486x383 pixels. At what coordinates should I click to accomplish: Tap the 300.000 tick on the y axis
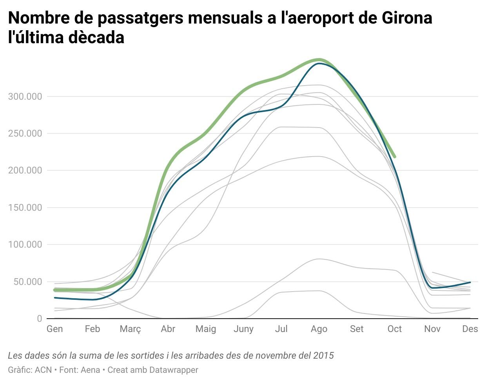(25, 97)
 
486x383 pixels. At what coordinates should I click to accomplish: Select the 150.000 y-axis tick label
(25, 208)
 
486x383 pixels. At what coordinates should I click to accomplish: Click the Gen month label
(54, 329)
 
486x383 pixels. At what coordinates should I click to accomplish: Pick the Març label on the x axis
(130, 329)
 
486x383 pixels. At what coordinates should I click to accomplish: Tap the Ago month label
(319, 329)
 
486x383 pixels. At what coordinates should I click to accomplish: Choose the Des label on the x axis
(470, 329)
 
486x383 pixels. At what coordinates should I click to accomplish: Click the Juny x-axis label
(243, 329)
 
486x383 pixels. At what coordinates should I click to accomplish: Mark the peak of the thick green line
(319, 60)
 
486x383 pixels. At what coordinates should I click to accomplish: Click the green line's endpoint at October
(394, 157)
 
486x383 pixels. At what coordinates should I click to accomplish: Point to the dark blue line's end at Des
(470, 282)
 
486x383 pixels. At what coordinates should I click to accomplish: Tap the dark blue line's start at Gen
(55, 298)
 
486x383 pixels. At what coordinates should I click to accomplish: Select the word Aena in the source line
(91, 370)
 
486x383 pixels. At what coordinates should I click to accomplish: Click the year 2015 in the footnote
(324, 356)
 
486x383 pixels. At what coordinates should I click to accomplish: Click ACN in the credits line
(43, 370)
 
